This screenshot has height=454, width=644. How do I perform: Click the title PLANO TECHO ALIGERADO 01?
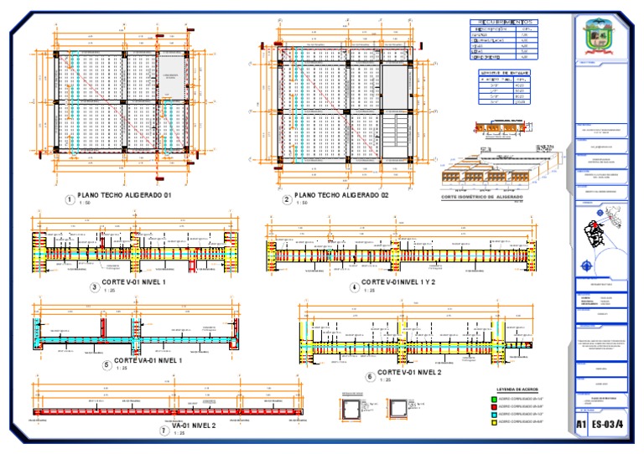tap(123, 195)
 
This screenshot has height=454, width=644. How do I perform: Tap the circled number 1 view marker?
tap(69, 199)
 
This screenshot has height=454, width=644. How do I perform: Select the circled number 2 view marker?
tap(287, 200)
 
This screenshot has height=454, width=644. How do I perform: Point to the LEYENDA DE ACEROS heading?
tap(517, 390)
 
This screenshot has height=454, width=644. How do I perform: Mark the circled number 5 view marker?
tap(106, 364)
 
